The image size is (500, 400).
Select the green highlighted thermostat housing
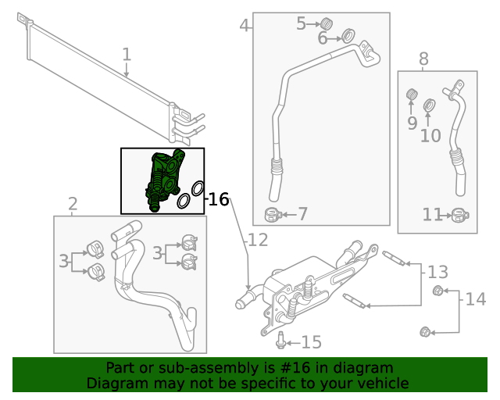165,178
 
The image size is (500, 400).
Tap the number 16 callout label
220,200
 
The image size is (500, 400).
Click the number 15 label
311,342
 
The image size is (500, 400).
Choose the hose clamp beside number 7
273,214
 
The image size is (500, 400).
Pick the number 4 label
245,26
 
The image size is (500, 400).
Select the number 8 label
423,59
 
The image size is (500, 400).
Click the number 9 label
412,123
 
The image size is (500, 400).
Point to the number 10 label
430,136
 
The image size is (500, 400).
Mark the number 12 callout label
258,240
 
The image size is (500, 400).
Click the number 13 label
437,272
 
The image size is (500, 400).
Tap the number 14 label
475,299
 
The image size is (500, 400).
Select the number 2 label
73,205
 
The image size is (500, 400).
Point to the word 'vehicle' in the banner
381,384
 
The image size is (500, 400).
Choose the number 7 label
302,214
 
